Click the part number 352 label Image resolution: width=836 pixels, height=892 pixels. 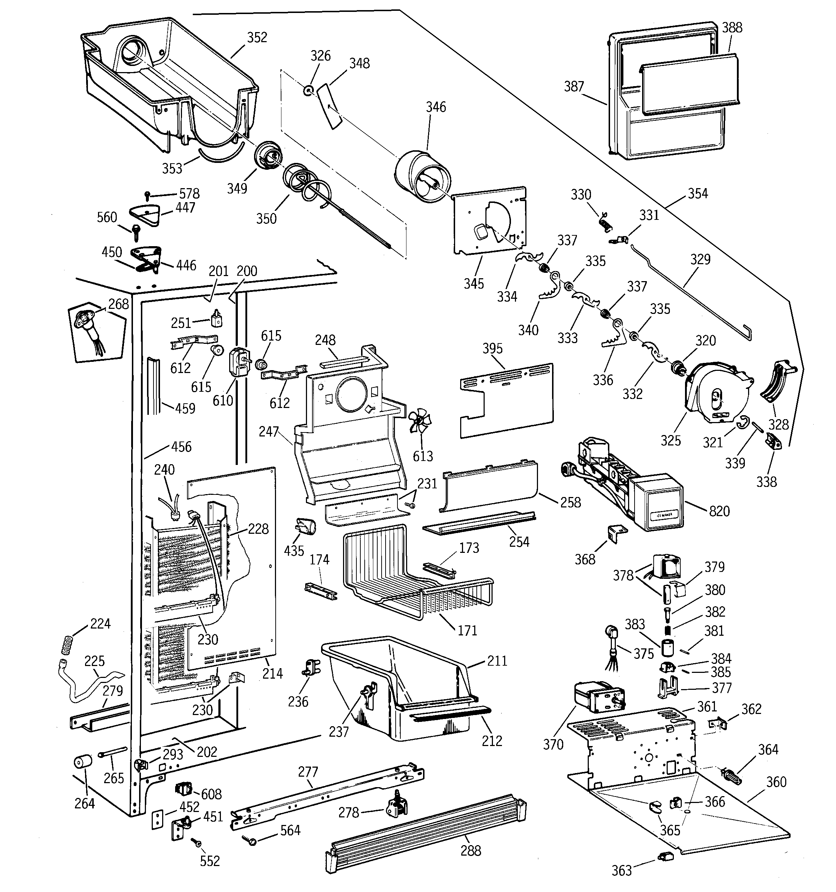tap(257, 37)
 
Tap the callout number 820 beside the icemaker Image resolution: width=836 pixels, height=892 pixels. tap(719, 511)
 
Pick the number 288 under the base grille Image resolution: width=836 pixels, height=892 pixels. tap(471, 851)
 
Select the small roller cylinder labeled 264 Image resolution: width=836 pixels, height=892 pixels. tap(83, 762)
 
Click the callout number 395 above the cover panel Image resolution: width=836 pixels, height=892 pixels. tap(493, 349)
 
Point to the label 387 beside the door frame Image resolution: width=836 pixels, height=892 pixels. tap(574, 86)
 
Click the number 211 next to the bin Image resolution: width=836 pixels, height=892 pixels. tap(497, 661)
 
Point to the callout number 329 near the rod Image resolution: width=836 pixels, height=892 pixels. tap(701, 259)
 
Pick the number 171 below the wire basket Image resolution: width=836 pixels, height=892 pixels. tap(467, 630)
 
